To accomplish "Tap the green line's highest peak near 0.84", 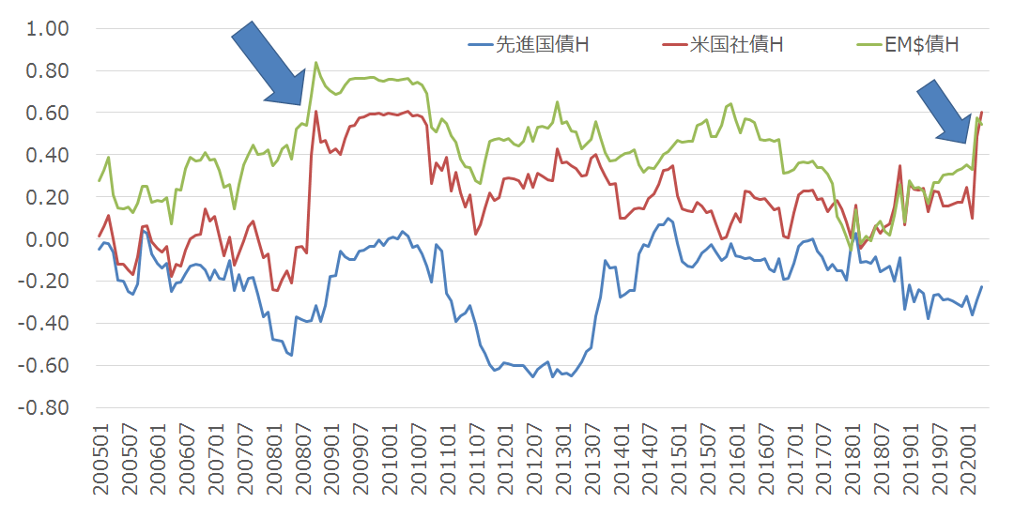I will (x=315, y=63).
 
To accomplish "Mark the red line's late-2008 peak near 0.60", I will (x=315, y=112).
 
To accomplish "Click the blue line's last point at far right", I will (x=982, y=287).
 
